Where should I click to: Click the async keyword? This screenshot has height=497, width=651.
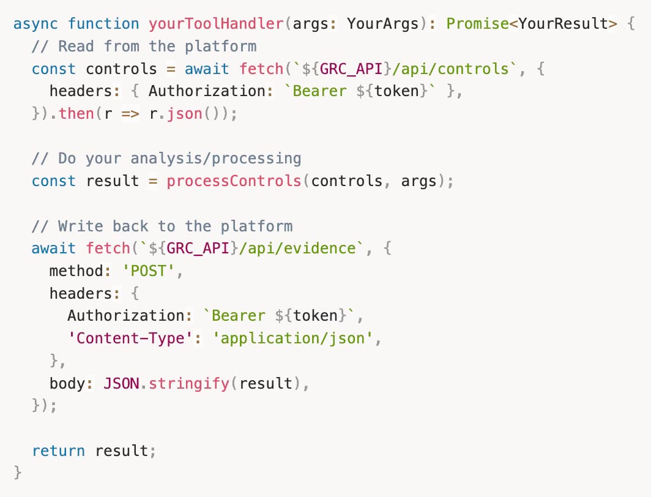pos(36,24)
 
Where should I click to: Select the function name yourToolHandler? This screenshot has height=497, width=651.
pos(216,24)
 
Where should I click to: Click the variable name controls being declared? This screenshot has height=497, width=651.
pos(122,69)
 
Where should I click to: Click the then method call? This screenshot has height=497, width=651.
pos(76,114)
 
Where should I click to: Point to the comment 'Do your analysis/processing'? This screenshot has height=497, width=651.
pos(166,159)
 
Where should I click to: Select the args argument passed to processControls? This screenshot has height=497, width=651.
pos(418,181)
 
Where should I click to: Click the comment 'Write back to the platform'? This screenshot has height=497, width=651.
pos(162,226)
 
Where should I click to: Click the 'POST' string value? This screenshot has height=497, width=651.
pos(149,271)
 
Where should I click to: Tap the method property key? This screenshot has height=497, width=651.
pos(76,271)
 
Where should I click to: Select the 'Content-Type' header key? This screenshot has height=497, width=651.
pos(130,338)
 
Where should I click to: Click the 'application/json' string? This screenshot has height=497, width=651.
pos(292,338)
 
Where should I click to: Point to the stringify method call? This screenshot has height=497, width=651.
pos(189,384)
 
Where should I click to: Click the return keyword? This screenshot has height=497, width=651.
pos(59,451)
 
